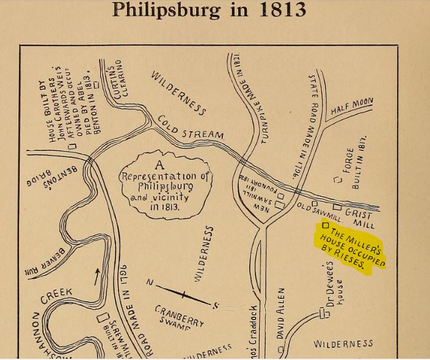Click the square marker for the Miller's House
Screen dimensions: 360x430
[x=325, y=225]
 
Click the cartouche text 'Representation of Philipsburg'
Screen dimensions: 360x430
[x=166, y=177]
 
